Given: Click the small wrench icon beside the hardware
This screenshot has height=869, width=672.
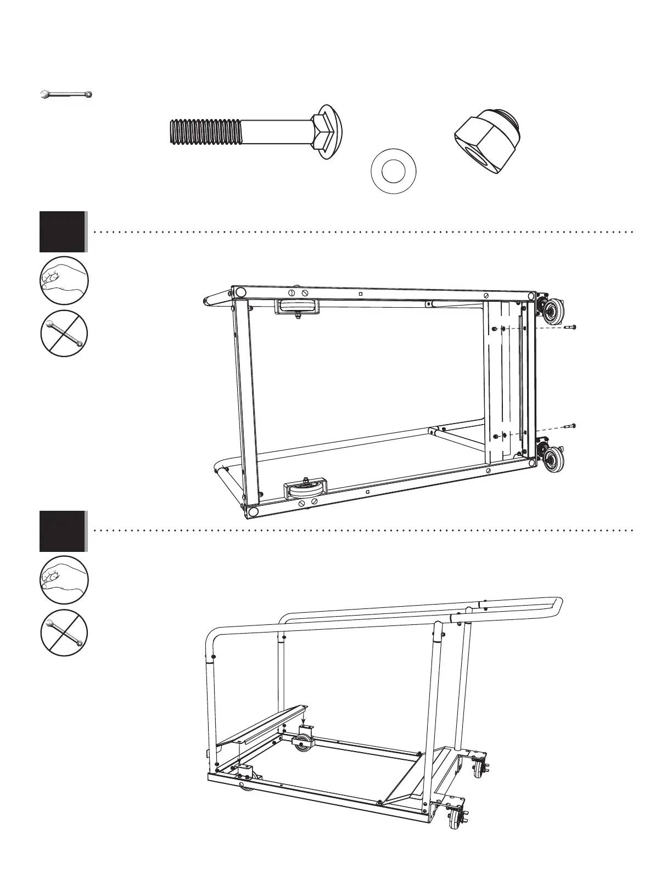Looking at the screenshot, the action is pos(66,95).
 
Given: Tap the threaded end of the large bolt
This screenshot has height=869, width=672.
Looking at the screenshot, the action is pos(204,132).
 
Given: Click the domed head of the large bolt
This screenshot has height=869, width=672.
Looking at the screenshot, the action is pos(329,132).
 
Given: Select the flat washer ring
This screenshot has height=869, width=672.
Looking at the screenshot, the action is pos(393,172).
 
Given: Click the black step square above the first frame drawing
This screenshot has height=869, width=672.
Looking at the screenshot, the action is pos(63,232).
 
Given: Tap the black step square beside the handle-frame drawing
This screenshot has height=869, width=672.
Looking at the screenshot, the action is pos(63,531).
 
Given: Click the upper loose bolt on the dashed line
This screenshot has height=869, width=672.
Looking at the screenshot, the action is pos(570,327).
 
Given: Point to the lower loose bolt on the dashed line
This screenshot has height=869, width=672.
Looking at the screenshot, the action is pos(570,426).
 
